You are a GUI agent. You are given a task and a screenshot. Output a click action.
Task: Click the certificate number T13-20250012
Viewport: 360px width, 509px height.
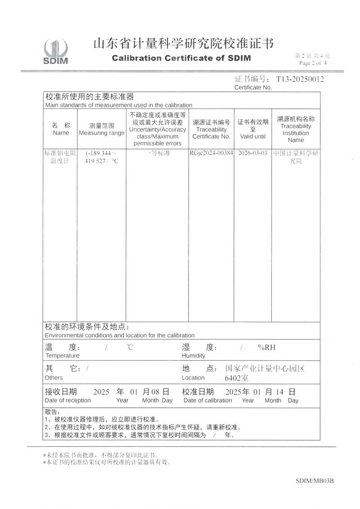point(300,79)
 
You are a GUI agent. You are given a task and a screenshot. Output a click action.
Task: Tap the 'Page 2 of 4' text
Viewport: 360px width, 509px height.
point(312,63)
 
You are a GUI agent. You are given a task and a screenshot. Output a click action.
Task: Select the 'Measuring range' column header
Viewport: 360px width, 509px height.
point(101,133)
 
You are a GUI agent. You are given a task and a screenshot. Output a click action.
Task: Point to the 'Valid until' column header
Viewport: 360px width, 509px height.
point(253,136)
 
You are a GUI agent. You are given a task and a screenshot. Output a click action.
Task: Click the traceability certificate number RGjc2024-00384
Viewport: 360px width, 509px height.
point(211,153)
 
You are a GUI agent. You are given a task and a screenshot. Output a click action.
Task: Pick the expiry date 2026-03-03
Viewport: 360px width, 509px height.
point(253,153)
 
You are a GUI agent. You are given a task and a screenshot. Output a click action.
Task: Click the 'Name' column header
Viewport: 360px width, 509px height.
point(61,133)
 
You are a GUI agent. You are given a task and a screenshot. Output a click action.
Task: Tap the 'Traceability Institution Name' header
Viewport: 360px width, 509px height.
point(296,133)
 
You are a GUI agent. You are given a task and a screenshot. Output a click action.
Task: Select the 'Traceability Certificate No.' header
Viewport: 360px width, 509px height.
point(211,133)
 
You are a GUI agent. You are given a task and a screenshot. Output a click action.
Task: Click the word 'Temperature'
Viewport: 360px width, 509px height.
point(62,356)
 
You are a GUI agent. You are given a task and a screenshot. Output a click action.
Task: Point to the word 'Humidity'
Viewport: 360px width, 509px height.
point(193,356)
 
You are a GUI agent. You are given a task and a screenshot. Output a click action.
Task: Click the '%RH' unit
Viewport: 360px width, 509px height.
point(266,347)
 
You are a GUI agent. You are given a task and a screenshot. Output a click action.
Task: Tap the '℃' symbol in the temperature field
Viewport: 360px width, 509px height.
point(130,347)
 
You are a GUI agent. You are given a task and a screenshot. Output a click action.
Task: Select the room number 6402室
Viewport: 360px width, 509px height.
point(237,378)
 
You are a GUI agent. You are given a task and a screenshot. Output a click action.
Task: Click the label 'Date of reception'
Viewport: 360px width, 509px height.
point(67,400)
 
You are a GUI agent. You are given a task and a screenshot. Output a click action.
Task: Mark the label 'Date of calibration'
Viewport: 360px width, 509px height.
point(207,400)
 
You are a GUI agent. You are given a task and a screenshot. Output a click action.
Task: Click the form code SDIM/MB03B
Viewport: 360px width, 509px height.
point(315,481)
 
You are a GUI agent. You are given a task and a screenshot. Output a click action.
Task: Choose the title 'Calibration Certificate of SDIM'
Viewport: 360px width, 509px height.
point(181,58)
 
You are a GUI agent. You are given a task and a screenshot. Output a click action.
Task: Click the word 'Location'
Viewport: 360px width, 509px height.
point(193,378)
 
